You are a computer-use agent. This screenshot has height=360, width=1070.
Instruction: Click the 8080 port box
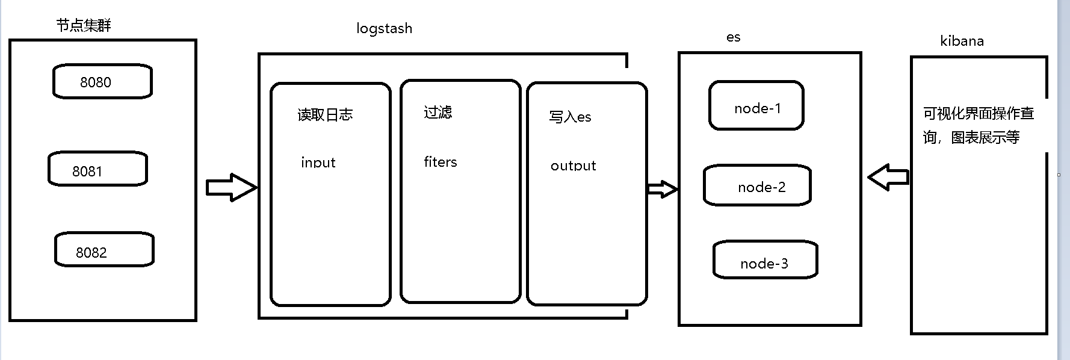pyautogui.click(x=102, y=81)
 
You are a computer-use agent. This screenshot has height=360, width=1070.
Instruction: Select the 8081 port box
pyautogui.click(x=97, y=169)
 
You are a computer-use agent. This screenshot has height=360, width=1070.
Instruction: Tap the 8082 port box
pyautogui.click(x=104, y=250)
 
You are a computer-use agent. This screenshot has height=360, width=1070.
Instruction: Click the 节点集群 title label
pyautogui.click(x=84, y=25)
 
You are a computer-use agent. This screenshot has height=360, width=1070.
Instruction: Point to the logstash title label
pyautogui.click(x=384, y=28)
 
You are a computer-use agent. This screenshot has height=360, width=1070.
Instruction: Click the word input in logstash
pyautogui.click(x=318, y=162)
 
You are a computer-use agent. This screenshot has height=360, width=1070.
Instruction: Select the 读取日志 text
pyautogui.click(x=325, y=114)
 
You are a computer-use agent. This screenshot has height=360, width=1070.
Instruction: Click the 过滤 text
pyautogui.click(x=438, y=112)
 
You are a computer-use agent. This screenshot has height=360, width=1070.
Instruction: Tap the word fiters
pyautogui.click(x=440, y=161)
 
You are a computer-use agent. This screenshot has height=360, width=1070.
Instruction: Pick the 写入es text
pyautogui.click(x=570, y=116)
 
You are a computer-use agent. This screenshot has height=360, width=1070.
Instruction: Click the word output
pyautogui.click(x=573, y=166)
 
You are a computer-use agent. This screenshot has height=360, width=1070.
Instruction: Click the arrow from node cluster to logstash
pyautogui.click(x=231, y=188)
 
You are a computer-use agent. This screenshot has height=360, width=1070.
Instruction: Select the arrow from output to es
pyautogui.click(x=662, y=189)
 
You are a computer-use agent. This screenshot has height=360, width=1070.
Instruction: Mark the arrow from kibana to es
pyautogui.click(x=888, y=177)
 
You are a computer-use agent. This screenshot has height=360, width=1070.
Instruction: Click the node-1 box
pyautogui.click(x=756, y=106)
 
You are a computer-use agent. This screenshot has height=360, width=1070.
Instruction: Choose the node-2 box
pyautogui.click(x=757, y=185)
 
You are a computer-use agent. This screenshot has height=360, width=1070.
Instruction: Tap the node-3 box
pyautogui.click(x=765, y=260)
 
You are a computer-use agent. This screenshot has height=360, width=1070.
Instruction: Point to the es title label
pyautogui.click(x=733, y=37)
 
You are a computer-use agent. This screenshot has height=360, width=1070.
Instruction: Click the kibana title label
pyautogui.click(x=962, y=41)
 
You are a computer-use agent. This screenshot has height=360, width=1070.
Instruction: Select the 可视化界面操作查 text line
pyautogui.click(x=979, y=113)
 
